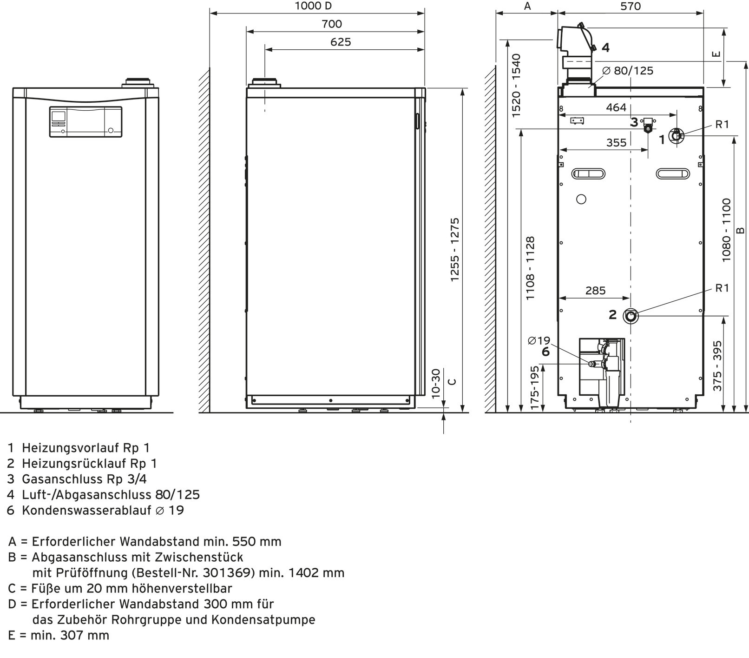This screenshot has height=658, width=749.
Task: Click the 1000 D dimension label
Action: coord(314,6)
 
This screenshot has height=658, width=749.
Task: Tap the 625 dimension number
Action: coord(341,42)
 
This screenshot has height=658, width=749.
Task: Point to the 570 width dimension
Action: coord(630,6)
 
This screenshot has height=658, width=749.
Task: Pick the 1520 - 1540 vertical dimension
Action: coord(516,85)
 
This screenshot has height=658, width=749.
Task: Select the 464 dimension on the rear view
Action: coord(616,107)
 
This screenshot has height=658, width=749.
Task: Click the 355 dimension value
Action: coord(616,143)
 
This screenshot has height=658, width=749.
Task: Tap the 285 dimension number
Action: coord(595,291)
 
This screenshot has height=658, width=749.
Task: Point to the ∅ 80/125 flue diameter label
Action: coord(627,71)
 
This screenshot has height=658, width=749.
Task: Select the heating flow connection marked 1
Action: coord(676,136)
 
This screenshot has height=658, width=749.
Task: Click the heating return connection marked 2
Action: coord(631,316)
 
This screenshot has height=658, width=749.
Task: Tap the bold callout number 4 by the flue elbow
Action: coord(605,47)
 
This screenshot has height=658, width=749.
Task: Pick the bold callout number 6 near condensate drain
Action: coord(545,352)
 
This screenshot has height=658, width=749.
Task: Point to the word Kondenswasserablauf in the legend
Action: coord(86,510)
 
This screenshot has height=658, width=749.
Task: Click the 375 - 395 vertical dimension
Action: coord(717,366)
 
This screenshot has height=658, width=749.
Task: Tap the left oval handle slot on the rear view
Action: coord(589,174)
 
